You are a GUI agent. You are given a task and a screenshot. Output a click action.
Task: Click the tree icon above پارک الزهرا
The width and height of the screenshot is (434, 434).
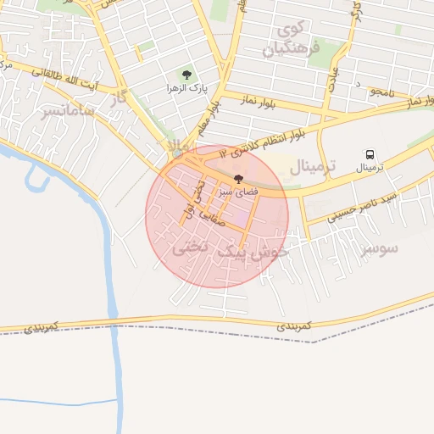186,75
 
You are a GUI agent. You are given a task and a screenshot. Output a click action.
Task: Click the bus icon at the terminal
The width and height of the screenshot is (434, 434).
370,154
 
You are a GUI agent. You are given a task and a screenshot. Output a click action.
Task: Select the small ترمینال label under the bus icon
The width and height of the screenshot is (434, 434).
370,168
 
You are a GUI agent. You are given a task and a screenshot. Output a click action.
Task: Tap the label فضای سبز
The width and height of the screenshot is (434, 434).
236,192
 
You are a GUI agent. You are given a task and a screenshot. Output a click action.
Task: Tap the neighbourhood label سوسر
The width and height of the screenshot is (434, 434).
379,249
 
